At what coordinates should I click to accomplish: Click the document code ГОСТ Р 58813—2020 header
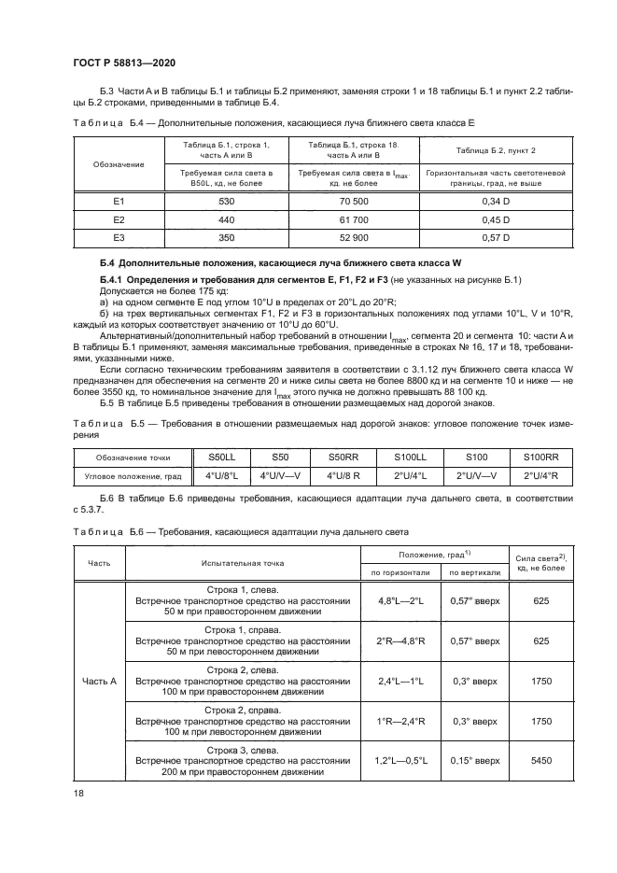point(124,63)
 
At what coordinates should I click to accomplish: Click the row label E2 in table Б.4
point(119,219)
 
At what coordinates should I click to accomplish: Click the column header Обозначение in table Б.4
point(119,164)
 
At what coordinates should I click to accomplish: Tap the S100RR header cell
point(540,458)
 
